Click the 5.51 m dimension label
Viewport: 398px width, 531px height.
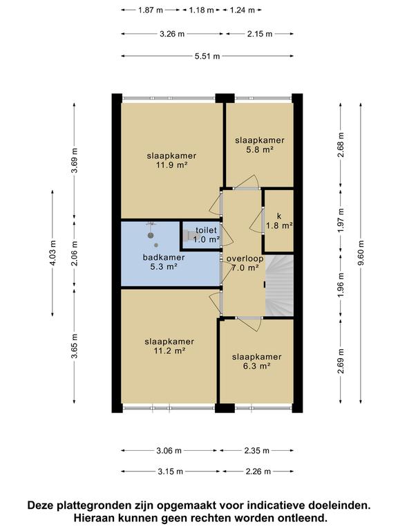(207, 56)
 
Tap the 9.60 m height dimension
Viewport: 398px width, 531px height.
(361, 253)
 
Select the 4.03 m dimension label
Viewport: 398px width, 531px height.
(53, 253)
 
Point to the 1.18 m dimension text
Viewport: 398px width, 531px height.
(201, 10)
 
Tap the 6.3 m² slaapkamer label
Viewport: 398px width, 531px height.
(256, 362)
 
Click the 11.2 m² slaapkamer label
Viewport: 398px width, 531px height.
(169, 346)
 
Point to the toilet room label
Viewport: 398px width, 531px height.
(206, 230)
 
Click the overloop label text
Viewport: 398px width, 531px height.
(245, 259)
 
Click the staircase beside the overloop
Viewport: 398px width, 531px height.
(279, 286)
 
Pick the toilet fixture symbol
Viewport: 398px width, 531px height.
(189, 235)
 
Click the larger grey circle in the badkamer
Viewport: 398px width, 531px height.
(151, 235)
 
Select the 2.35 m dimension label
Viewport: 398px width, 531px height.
(256, 450)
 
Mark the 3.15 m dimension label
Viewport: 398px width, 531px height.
(170, 472)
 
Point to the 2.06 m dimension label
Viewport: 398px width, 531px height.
(75, 253)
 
